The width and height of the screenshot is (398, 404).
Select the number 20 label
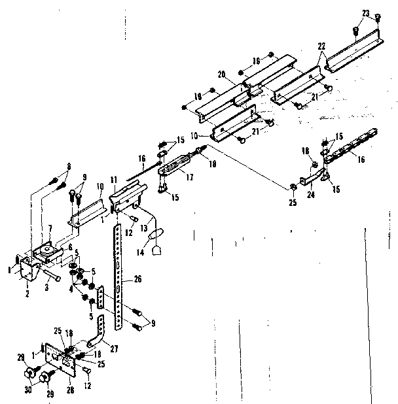[x=222, y=75]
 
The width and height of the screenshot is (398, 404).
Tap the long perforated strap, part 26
[x=118, y=275]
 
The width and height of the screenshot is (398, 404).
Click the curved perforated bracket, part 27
[x=99, y=333]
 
